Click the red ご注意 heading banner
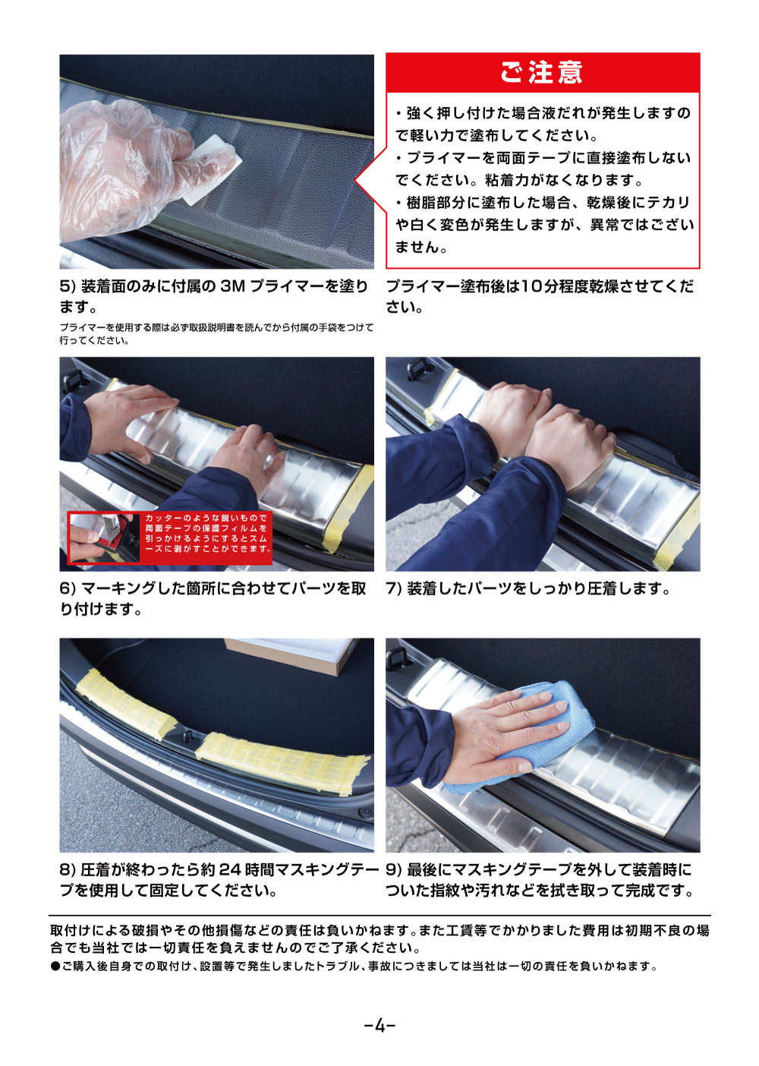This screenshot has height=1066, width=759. [542, 73]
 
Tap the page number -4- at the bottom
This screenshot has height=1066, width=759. [379, 1026]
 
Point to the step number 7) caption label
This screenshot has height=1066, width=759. [394, 589]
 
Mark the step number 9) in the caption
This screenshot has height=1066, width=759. [394, 870]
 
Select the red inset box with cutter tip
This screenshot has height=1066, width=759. [170, 538]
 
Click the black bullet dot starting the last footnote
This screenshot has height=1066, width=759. [55, 967]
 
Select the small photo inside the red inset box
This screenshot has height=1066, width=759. [105, 538]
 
